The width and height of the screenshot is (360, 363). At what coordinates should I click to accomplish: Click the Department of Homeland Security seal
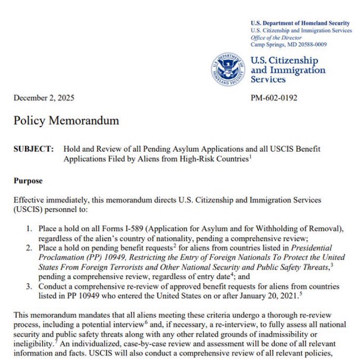(x=228, y=69)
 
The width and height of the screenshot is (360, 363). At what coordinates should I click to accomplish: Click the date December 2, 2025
(x=44, y=98)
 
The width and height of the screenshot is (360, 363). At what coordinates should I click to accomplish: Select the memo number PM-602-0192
(x=274, y=98)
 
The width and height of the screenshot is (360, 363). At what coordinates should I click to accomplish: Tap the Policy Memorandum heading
(x=66, y=121)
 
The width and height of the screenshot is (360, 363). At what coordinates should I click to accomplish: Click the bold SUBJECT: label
(x=33, y=149)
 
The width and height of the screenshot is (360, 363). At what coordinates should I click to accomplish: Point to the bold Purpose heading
(x=28, y=181)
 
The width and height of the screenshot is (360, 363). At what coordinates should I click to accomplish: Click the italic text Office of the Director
(x=276, y=38)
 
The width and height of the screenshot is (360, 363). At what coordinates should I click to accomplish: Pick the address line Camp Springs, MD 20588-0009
(x=288, y=44)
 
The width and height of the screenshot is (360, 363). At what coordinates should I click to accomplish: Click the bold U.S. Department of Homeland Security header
(x=300, y=24)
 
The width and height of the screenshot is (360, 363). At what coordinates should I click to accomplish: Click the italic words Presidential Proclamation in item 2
(x=311, y=248)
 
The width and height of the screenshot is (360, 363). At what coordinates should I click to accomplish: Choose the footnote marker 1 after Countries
(x=250, y=157)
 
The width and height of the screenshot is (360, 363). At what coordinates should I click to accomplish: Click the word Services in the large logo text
(x=268, y=80)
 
